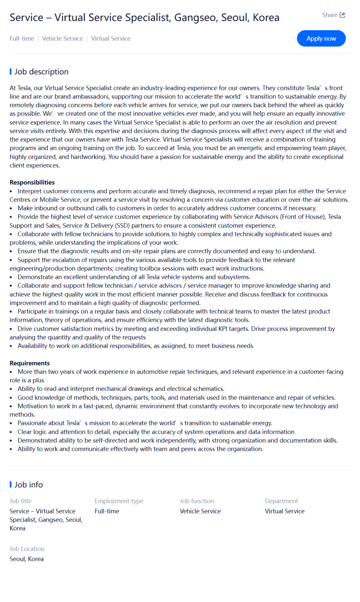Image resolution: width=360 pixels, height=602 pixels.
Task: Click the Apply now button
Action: [x=321, y=38]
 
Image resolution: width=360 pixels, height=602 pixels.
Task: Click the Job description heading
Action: [x=41, y=72]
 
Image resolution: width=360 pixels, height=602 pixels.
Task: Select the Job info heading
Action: [x=29, y=485]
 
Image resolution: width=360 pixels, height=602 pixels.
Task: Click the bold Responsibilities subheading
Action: [x=32, y=183]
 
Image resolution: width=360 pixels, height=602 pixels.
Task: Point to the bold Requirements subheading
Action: [x=30, y=363]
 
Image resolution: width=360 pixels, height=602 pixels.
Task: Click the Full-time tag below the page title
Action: [x=22, y=39]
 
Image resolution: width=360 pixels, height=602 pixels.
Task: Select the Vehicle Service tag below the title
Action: [x=62, y=39]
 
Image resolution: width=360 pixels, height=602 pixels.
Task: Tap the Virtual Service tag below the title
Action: [x=110, y=39]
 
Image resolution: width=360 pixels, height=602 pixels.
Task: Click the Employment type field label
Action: [x=119, y=501]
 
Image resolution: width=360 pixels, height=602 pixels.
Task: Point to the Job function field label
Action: [x=197, y=501]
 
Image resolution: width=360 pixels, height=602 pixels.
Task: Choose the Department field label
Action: [x=281, y=501]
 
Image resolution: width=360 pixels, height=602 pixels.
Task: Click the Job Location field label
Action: [x=27, y=549]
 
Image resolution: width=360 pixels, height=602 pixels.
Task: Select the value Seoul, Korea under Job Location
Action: [x=27, y=559]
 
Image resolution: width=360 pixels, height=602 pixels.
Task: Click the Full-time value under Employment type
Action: [x=107, y=511]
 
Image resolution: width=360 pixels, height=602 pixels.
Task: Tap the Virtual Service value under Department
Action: [x=285, y=511]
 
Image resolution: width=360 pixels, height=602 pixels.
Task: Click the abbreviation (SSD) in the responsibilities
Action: [x=122, y=225]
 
